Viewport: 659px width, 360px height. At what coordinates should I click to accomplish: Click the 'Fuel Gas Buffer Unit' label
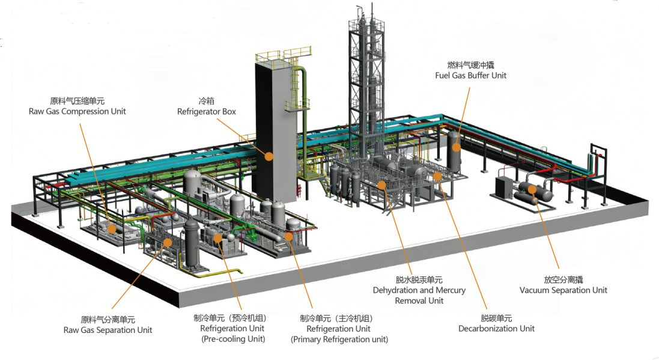471,76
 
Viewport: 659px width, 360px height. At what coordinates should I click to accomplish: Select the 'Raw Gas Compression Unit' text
77,111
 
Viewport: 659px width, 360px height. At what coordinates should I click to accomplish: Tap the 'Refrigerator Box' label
207,112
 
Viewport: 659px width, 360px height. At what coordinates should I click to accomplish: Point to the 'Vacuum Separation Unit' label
563,290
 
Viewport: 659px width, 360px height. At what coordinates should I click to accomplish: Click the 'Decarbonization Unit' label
496,329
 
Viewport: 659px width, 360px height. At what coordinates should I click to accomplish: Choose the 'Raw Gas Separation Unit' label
108,330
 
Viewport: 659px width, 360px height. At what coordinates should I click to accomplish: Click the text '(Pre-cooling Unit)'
233,339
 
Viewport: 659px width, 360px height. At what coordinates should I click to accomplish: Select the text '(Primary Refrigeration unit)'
339,340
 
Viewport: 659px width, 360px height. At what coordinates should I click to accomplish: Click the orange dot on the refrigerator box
269,156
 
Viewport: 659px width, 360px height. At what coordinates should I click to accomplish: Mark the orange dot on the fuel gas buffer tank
456,148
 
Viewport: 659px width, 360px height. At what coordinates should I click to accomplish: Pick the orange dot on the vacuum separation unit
532,189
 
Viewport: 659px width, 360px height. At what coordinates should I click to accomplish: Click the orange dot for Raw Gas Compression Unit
111,229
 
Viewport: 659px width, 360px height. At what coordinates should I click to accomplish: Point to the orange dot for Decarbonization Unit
437,176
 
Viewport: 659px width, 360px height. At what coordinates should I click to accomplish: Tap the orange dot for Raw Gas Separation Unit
168,242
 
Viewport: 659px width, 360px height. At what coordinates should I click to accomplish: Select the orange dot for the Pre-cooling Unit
217,238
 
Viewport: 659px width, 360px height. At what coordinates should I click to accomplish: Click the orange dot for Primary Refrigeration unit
288,236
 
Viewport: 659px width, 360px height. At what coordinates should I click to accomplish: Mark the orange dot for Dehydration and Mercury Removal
381,185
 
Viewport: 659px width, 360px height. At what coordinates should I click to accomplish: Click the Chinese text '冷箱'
207,101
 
